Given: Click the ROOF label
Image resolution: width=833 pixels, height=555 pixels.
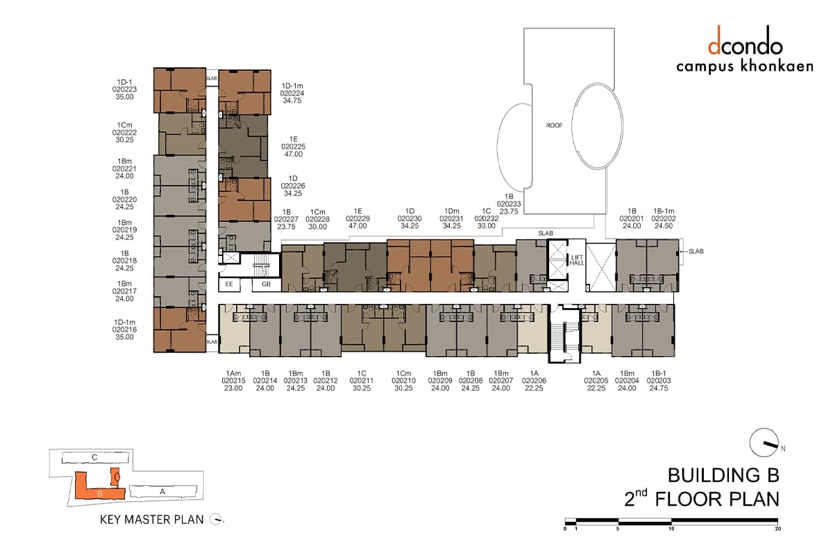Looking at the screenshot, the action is click(554, 126).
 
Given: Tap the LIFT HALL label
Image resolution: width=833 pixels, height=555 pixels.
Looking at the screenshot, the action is click(577, 260).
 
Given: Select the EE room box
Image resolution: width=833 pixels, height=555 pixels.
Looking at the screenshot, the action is click(229, 284).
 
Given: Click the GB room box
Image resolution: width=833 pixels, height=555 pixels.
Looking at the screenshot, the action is click(267, 284).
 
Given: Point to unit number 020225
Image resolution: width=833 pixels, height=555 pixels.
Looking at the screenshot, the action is click(294, 147).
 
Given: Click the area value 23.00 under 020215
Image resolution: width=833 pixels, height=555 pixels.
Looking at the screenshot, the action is click(233, 388).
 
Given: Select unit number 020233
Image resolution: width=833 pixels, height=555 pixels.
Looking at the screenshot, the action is click(509, 204).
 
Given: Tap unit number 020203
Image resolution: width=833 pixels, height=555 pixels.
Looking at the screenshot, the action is click(659, 381).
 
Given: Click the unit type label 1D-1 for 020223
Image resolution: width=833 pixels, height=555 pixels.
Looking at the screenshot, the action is click(124, 82).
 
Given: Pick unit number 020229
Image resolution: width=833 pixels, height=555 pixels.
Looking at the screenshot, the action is click(357, 219).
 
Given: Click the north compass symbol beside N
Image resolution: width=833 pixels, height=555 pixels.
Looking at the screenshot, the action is click(764, 443).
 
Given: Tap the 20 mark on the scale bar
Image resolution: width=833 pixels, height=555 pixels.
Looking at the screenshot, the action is click(778, 529).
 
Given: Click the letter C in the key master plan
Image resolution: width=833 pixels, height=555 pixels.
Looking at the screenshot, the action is click(94, 457).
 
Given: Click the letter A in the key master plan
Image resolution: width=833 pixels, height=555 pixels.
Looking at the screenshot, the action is click(162, 491).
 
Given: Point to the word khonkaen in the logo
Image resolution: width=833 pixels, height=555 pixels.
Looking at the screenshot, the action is click(777, 66).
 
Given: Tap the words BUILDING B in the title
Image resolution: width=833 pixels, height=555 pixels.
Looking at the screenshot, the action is click(723, 475).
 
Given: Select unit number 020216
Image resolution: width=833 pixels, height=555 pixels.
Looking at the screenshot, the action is click(124, 330).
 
